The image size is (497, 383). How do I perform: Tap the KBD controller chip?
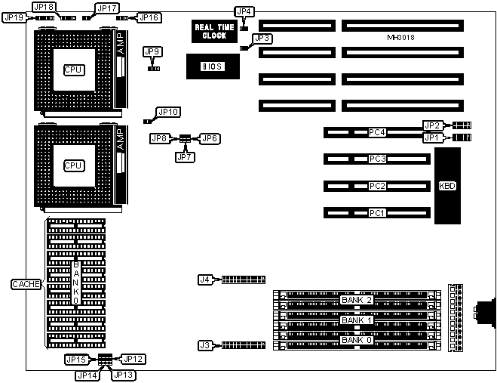[447, 186]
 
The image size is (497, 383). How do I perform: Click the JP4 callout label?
[244, 11]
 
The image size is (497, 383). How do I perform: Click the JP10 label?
[168, 113]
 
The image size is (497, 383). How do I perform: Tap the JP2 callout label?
[431, 125]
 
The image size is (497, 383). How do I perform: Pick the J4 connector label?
[204, 280]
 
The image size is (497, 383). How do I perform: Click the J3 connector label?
[204, 345]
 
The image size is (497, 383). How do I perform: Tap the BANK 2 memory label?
[357, 300]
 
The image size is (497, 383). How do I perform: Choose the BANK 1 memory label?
[357, 320]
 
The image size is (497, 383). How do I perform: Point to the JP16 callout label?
[149, 17]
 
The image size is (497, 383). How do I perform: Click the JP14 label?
[87, 374]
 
